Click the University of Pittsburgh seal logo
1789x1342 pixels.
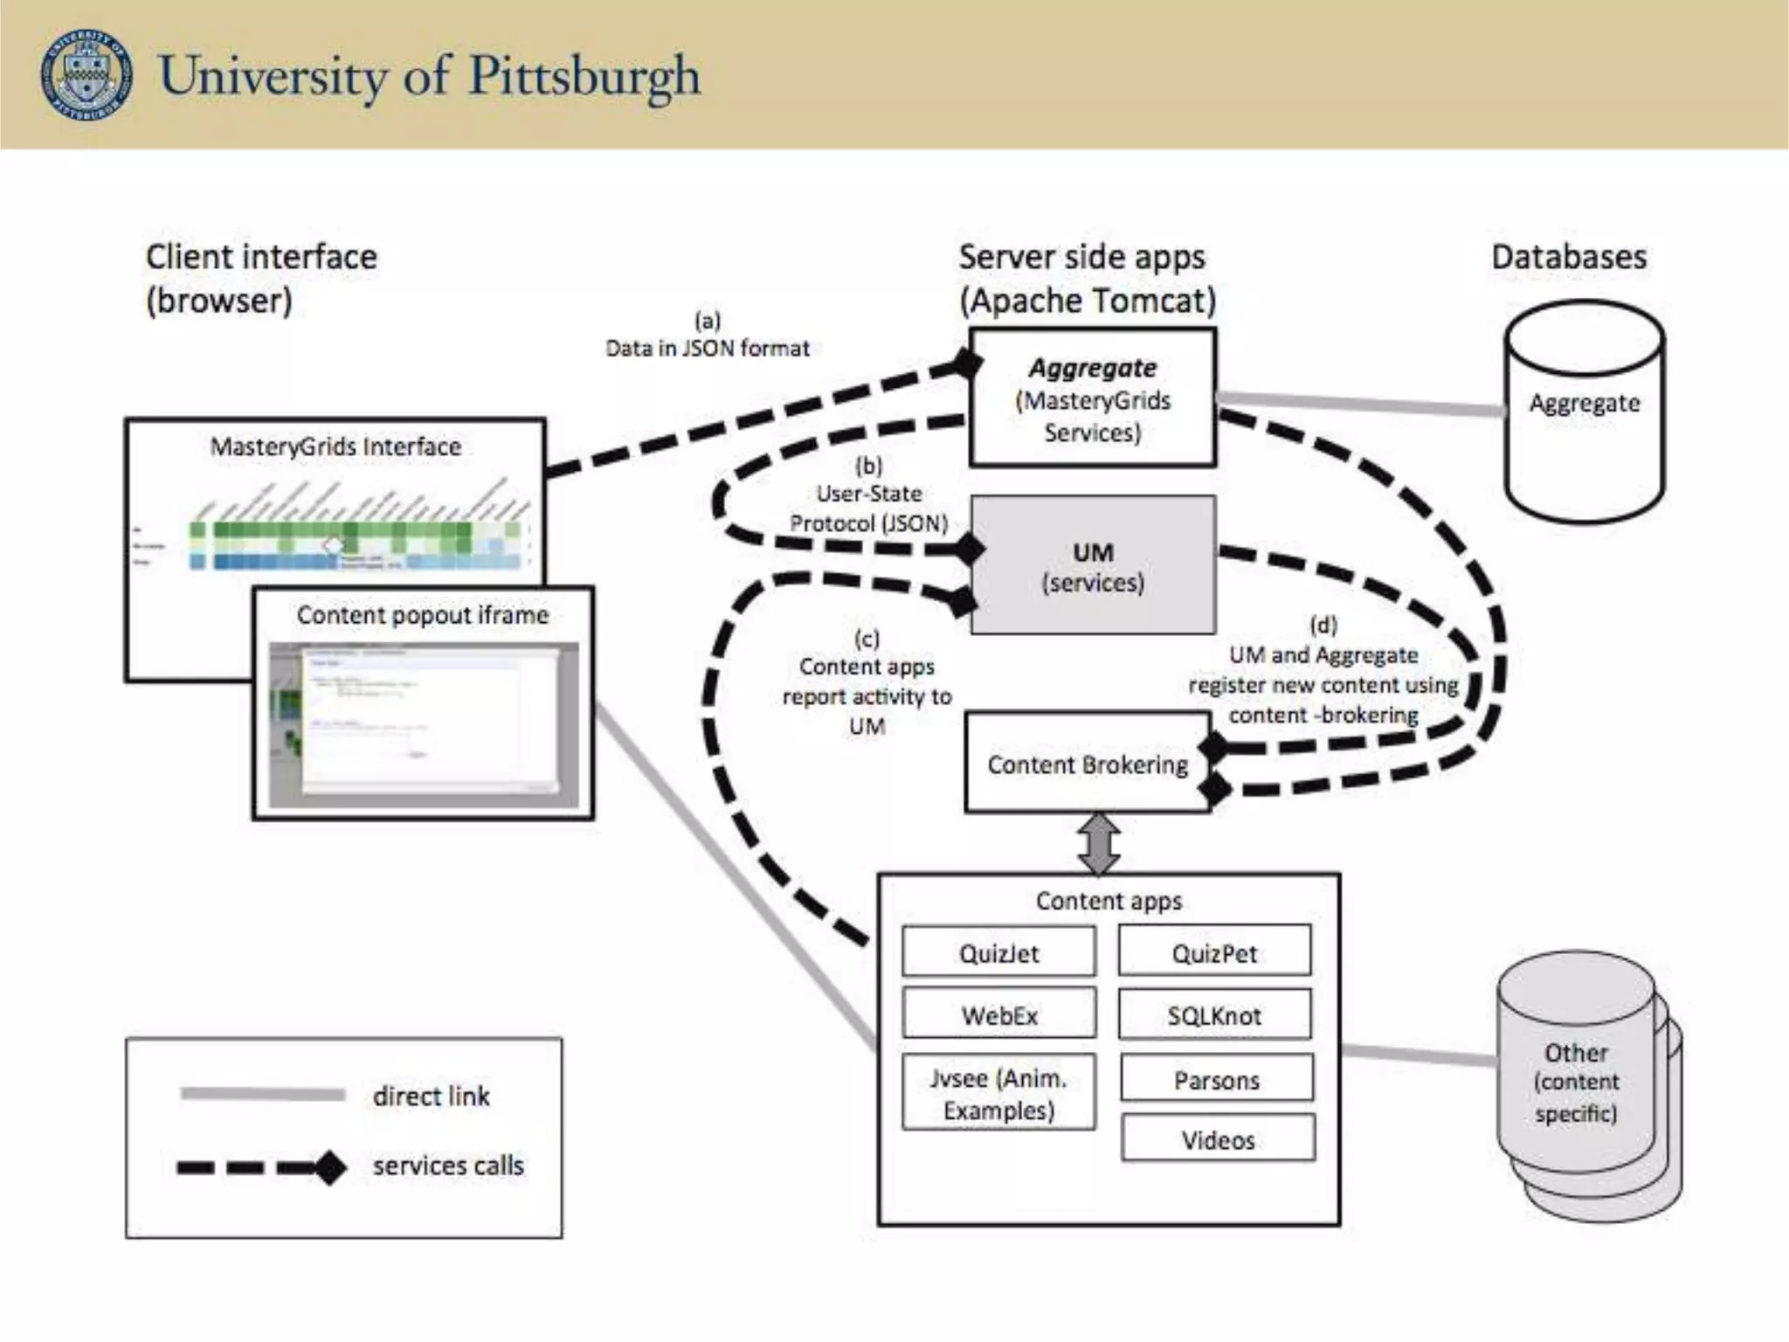(x=86, y=74)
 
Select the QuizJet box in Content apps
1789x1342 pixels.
(x=998, y=952)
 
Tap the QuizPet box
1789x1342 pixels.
(x=1214, y=952)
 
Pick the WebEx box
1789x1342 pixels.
(x=998, y=1014)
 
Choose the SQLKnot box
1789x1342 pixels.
(x=1214, y=1014)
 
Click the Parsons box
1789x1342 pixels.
(x=1216, y=1080)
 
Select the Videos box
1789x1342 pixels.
(x=1218, y=1139)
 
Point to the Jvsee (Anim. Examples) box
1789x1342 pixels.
(x=998, y=1094)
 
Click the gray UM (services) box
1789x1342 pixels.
(x=1093, y=566)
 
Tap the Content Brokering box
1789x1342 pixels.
(x=1087, y=764)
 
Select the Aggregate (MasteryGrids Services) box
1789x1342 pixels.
(x=1092, y=399)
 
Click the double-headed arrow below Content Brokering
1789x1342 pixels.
(x=1099, y=844)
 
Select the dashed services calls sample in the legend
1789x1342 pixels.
(x=262, y=1167)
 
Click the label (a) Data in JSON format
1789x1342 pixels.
(x=708, y=335)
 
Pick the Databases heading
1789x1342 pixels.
(x=1569, y=257)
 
